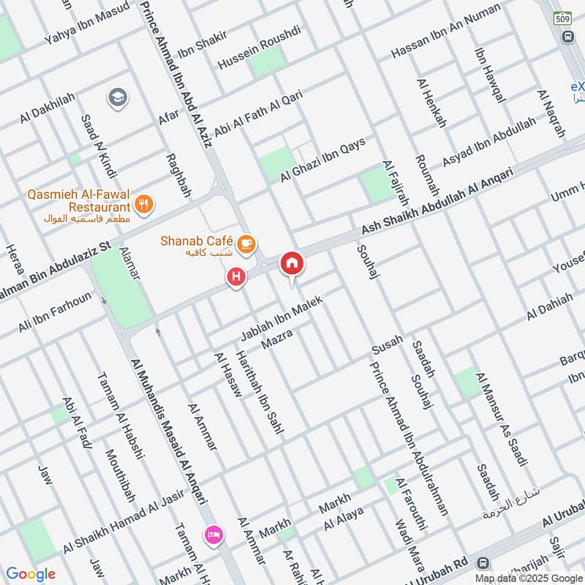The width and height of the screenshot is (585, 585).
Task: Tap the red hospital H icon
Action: [x=235, y=277]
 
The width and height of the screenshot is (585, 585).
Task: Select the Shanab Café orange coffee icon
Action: [x=246, y=242]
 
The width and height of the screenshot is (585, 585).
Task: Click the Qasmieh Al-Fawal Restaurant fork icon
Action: [x=144, y=205]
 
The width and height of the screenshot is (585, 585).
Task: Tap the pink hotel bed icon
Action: [x=214, y=535]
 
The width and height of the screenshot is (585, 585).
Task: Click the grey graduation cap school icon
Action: [x=116, y=97]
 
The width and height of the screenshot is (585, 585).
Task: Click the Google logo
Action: [x=31, y=574]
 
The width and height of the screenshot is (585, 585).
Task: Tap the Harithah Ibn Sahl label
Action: [x=258, y=391]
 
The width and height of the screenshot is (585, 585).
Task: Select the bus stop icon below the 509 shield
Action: [x=567, y=37]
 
